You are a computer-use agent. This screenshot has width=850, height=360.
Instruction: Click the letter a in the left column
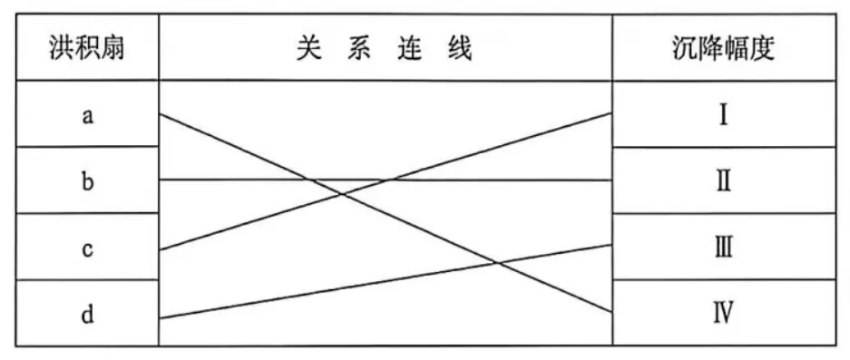(x=87, y=116)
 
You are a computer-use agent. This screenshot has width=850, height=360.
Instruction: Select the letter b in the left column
(x=88, y=181)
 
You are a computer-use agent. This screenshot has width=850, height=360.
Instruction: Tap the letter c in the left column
(x=87, y=249)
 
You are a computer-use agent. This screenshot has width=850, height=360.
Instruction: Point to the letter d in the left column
(x=87, y=315)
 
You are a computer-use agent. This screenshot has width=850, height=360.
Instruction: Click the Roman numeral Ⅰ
(x=723, y=116)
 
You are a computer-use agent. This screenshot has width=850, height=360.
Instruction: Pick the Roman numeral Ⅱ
(x=724, y=182)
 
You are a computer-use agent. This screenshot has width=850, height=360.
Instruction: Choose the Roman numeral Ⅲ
(x=724, y=248)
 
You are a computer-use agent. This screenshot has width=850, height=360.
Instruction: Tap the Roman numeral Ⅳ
(x=724, y=313)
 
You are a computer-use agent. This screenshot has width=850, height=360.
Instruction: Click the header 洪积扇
(x=87, y=49)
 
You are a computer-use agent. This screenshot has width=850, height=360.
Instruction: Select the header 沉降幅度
(x=724, y=49)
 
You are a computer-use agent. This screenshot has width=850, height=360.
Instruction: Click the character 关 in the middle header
(x=309, y=49)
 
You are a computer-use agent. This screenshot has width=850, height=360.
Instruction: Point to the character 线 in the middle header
(x=460, y=49)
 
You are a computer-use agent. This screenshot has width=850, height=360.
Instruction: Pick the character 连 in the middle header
(x=408, y=49)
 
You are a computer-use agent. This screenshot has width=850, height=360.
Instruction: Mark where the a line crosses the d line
(x=496, y=263)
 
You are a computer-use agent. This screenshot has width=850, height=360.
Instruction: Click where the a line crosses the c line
(x=341, y=194)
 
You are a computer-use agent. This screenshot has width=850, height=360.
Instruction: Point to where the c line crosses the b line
(x=390, y=180)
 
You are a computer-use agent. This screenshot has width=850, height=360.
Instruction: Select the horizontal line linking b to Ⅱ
(x=386, y=180)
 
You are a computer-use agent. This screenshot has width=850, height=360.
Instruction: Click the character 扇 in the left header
(x=112, y=49)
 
